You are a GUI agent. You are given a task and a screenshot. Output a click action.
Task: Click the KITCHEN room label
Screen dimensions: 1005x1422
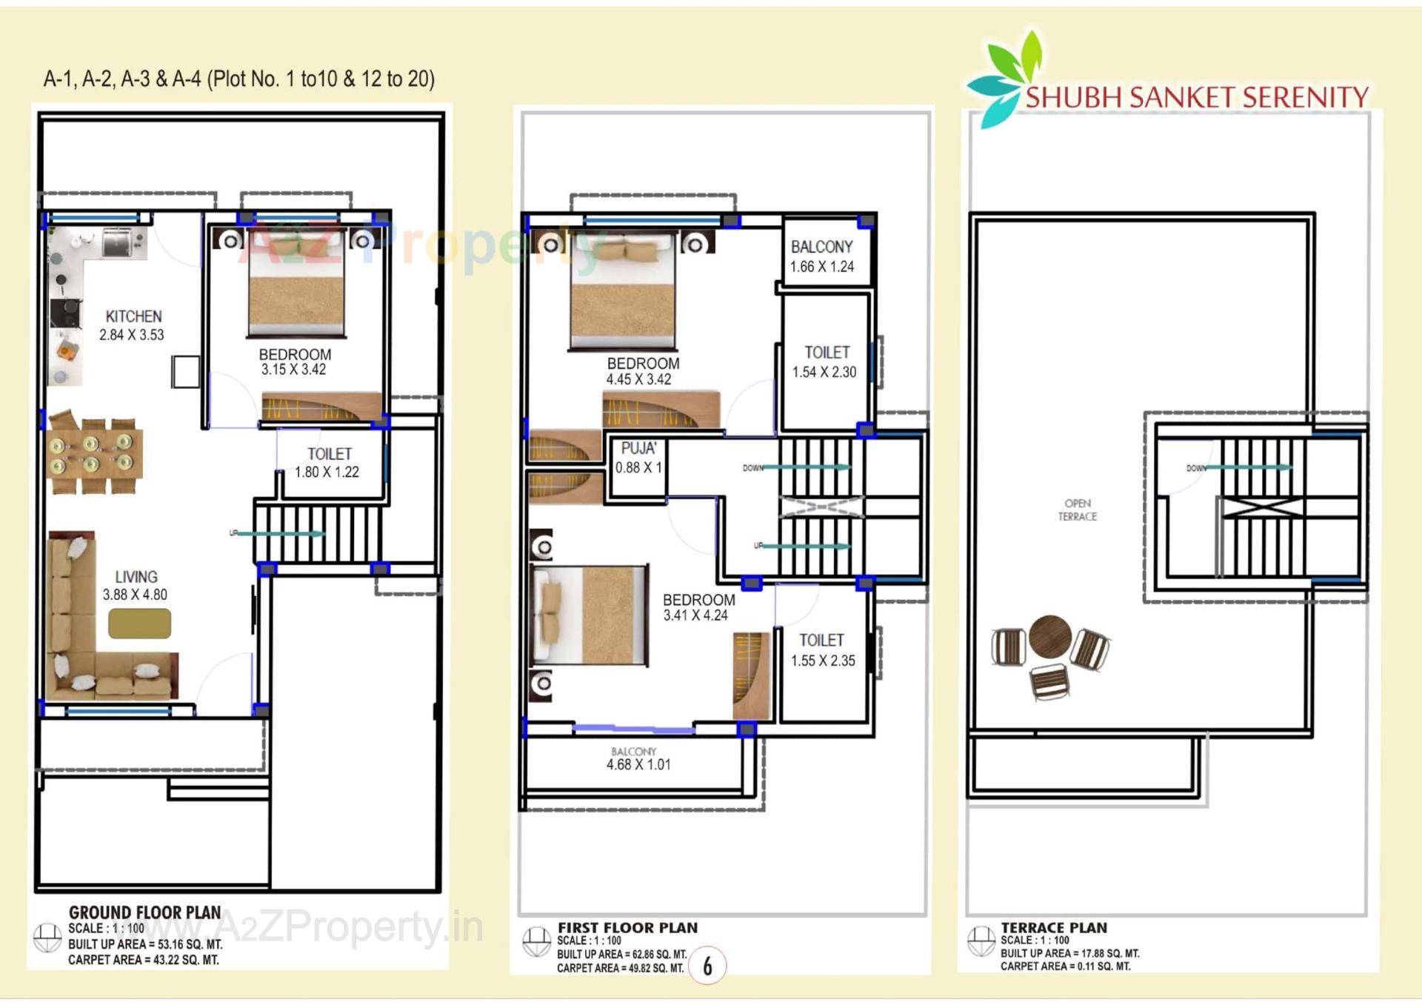(133, 316)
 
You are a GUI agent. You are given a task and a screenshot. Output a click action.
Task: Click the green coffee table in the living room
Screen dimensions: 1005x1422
(139, 623)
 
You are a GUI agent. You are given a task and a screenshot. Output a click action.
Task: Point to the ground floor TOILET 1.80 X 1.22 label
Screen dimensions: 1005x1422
(328, 462)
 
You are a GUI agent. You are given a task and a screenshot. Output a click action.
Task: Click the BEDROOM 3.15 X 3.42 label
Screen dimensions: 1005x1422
(294, 361)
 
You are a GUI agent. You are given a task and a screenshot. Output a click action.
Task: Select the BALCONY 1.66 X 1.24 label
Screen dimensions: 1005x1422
(822, 256)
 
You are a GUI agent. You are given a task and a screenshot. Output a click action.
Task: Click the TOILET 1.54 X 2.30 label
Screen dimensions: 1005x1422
(826, 361)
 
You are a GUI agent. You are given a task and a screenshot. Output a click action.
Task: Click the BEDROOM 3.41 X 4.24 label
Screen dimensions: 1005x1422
(698, 607)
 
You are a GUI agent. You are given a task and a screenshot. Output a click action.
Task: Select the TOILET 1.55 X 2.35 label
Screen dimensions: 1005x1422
(822, 650)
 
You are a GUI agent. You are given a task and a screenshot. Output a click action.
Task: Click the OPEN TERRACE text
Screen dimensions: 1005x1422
(1077, 510)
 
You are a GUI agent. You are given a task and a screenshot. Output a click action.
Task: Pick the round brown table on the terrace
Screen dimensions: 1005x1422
(1049, 637)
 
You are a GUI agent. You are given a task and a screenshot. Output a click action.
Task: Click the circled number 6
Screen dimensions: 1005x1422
(707, 965)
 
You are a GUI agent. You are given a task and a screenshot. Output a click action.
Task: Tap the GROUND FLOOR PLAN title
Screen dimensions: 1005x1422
(144, 912)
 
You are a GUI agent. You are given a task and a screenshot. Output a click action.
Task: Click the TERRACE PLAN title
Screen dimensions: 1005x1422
(1053, 927)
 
